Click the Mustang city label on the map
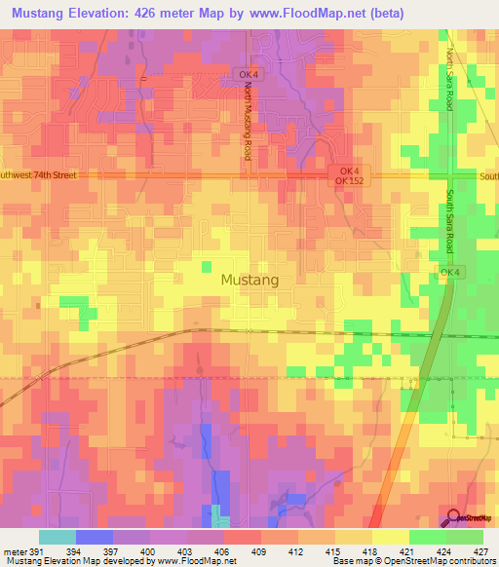tap(249, 280)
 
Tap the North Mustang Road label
tap(249, 122)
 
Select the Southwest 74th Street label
tap(39, 175)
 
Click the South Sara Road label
tap(450, 222)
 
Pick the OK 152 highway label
tap(348, 181)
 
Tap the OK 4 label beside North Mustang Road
tap(249, 74)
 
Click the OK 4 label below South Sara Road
tap(449, 273)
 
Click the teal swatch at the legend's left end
tap(57, 536)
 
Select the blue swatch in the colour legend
tap(94, 536)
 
